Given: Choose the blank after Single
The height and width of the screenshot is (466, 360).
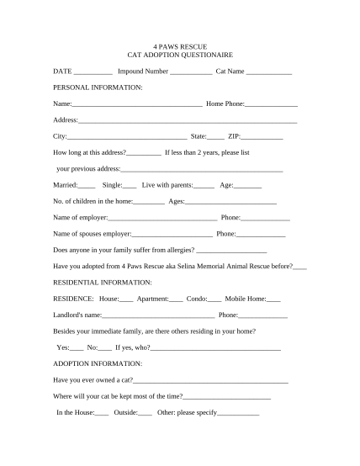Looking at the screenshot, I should pos(130,186).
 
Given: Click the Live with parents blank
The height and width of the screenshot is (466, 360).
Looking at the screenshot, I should pos(204,186).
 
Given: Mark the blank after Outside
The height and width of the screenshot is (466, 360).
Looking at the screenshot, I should pos(146,414).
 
